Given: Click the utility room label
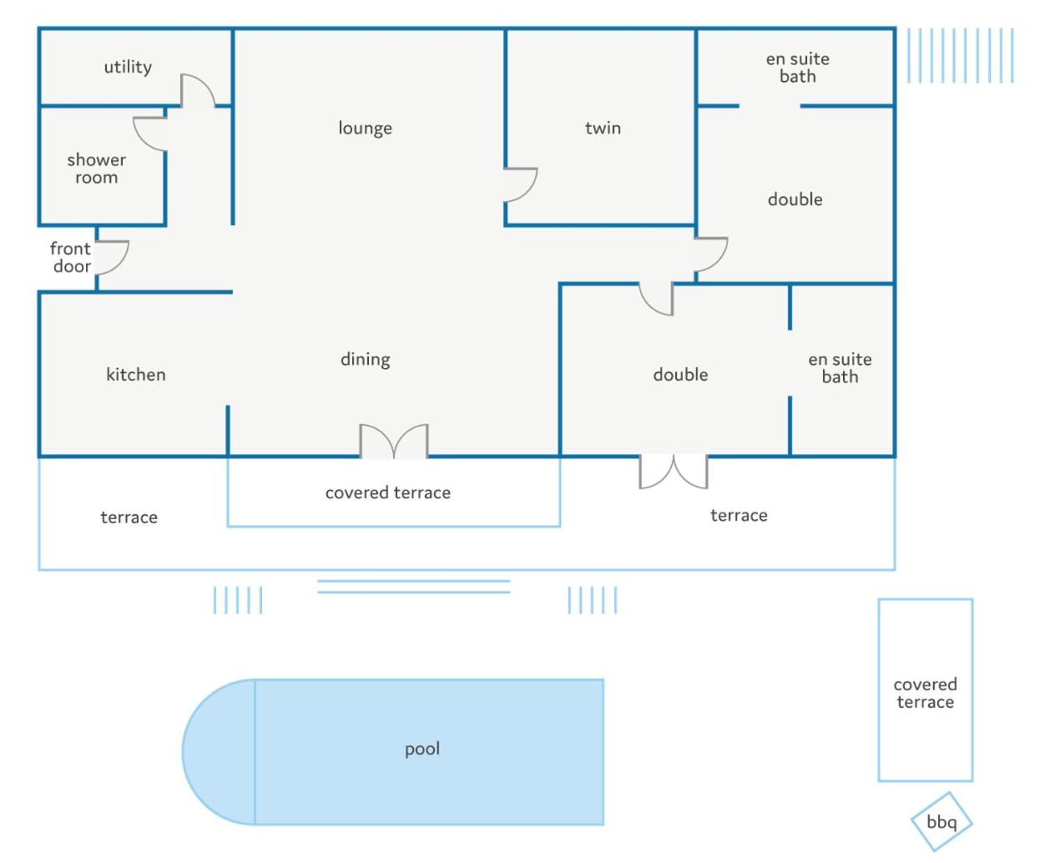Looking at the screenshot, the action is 128,67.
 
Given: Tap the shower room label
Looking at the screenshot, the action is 97,169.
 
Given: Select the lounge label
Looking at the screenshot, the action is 365,128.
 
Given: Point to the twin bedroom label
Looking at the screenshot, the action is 603,128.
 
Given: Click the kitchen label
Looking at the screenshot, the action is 136,374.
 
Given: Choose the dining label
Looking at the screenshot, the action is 365,359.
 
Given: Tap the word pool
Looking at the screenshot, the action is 422,749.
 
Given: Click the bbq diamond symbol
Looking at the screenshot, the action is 942,821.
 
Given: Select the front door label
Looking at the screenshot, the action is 71,257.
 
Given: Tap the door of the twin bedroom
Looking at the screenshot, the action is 520,184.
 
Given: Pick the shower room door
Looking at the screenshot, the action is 149,134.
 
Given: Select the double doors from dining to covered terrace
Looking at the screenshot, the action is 393,442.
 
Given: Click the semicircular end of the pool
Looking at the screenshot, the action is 219,752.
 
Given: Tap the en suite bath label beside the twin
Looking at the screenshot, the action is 797,68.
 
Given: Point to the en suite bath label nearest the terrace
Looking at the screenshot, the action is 840,368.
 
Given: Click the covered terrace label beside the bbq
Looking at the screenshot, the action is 925,693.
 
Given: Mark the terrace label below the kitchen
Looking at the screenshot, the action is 129,517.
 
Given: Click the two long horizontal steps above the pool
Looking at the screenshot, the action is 413,587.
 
